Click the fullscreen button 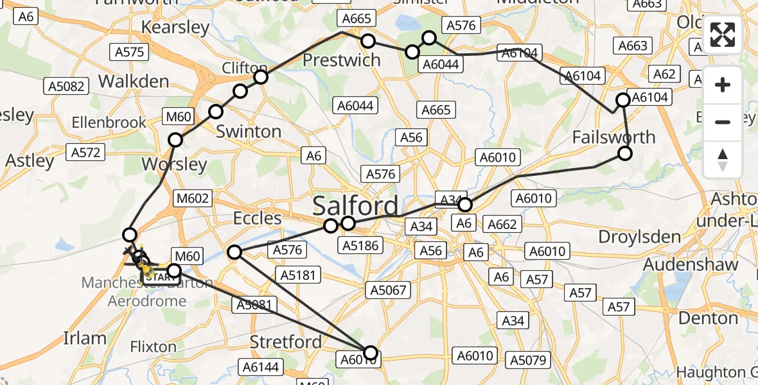[x=723, y=35]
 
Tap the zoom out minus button [x=723, y=122]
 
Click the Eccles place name [x=258, y=218]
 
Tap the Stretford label [x=285, y=341]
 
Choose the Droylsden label [x=639, y=237]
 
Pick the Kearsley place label [x=175, y=28]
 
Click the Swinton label [x=249, y=132]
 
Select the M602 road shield [x=193, y=198]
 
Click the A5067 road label [x=387, y=290]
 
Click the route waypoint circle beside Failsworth [x=624, y=153]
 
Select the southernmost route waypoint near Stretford [x=371, y=352]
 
